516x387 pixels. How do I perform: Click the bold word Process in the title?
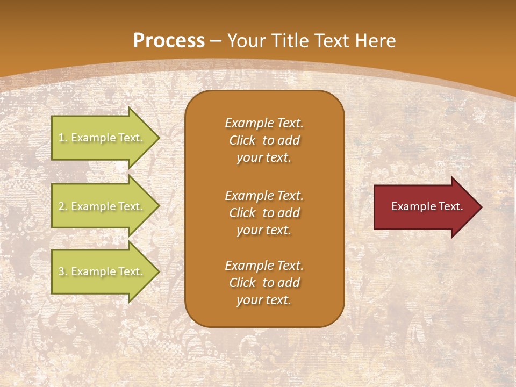[x=169, y=41]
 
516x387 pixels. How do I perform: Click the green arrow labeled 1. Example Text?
[x=102, y=138]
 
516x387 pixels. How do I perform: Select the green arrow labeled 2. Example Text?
[x=102, y=206]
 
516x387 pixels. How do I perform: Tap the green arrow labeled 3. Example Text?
[x=102, y=271]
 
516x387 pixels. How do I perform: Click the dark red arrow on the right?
[x=425, y=206]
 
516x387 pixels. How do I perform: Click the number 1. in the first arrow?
[x=63, y=138]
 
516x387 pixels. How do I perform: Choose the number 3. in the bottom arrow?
[x=63, y=272]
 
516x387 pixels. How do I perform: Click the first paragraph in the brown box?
[x=264, y=140]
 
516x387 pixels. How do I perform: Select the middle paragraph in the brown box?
[x=264, y=213]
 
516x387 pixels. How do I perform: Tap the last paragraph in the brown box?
[x=264, y=283]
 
